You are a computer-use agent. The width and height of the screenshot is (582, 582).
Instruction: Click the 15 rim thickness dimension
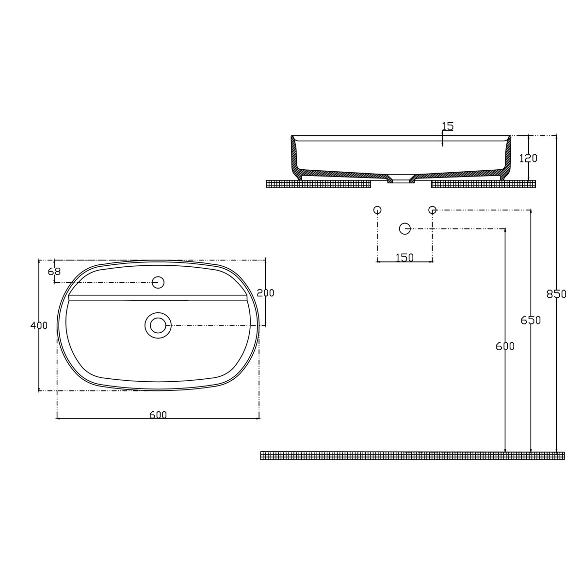[x=447, y=127]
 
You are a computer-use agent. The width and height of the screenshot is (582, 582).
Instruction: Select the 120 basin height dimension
[x=528, y=158]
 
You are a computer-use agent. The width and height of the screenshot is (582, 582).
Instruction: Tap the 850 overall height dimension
[x=556, y=294]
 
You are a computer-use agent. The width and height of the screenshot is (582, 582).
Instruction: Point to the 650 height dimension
[x=531, y=320]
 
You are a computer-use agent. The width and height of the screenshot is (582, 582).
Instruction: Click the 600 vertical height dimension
[x=505, y=346]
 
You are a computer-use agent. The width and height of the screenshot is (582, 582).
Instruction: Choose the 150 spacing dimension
[x=404, y=258]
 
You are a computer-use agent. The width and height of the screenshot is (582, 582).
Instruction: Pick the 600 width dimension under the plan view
[x=158, y=415]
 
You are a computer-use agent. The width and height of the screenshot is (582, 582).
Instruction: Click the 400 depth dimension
[x=39, y=325]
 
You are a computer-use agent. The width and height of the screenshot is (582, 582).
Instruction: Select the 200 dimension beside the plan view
[x=265, y=293]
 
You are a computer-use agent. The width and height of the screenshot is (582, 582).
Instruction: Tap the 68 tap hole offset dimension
[x=54, y=272]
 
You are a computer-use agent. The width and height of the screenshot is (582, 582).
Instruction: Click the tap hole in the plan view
[x=158, y=282]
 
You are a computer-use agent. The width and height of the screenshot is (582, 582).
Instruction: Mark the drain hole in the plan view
[x=158, y=325]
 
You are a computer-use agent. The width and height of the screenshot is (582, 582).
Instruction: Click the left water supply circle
[x=377, y=210]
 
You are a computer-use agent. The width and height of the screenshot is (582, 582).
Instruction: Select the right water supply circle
[x=432, y=210]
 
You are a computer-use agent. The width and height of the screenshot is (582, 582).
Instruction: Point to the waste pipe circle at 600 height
[x=404, y=228]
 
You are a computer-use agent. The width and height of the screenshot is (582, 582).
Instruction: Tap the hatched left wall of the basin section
[x=294, y=155]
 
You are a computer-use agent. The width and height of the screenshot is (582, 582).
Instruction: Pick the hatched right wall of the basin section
[x=507, y=155]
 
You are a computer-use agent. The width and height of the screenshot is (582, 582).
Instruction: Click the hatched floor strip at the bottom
[x=412, y=455]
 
